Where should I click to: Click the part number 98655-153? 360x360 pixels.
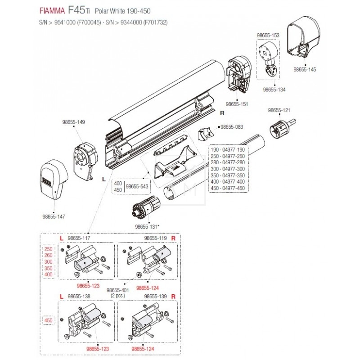(268, 35)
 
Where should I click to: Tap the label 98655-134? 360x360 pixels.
(274, 90)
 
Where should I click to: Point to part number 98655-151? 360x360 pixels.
(237, 104)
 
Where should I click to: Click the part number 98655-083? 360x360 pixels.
(232, 127)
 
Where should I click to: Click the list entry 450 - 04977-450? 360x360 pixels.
(228, 188)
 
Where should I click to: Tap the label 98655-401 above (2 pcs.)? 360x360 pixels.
(117, 290)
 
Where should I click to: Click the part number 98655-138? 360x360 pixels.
(78, 297)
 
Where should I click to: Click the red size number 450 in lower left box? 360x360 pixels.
(49, 320)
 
